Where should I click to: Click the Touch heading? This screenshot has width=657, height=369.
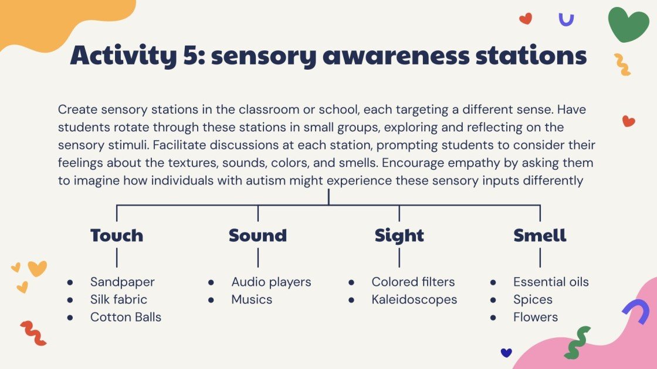[117, 235]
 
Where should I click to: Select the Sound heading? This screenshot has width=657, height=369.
[258, 235]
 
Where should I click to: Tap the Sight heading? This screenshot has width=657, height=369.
[399, 235]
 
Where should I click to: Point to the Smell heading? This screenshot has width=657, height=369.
[540, 235]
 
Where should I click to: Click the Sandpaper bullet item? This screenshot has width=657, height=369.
[122, 282]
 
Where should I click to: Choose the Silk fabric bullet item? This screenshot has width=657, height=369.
[118, 299]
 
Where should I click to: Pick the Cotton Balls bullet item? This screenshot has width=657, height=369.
[126, 317]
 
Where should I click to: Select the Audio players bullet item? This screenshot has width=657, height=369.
[271, 282]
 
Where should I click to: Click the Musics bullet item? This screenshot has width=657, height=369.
[252, 299]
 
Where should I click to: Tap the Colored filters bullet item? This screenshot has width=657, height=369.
[413, 282]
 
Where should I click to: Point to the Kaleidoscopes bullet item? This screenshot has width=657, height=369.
[414, 299]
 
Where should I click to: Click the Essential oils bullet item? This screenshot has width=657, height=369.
[551, 282]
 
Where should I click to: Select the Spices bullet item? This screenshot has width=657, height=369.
[533, 299]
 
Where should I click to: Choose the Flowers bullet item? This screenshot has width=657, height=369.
[536, 317]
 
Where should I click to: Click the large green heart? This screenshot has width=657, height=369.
[628, 24]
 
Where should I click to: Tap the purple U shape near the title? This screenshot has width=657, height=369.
[566, 20]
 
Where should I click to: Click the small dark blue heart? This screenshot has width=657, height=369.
[506, 352]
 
